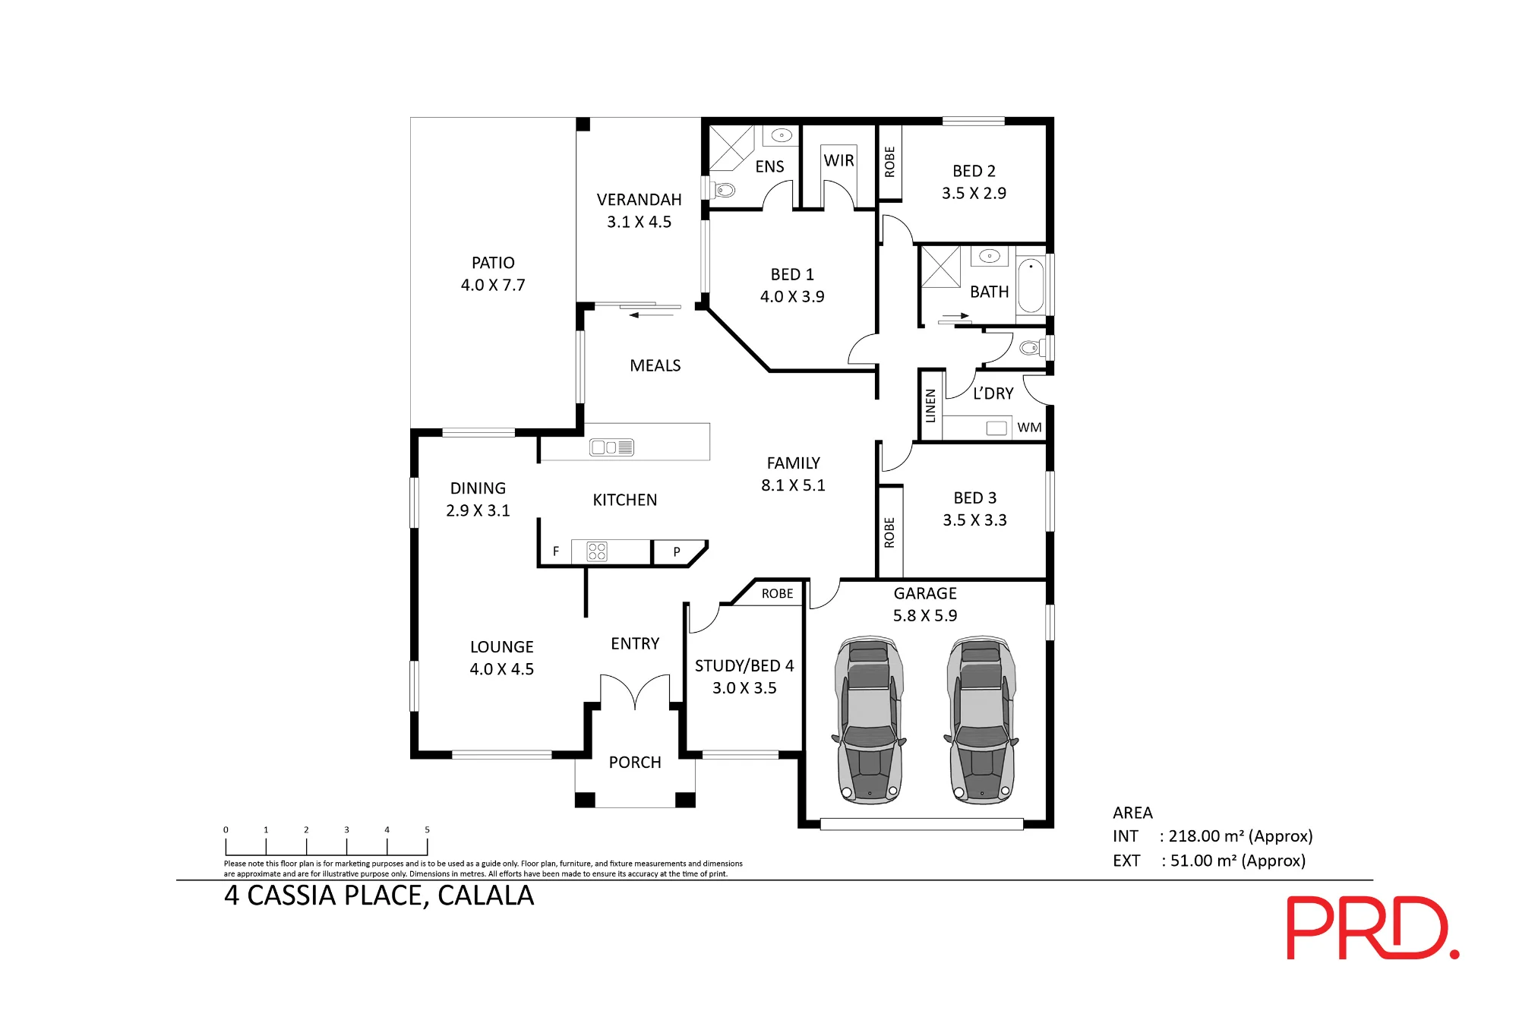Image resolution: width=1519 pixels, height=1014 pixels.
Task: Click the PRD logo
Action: [1372, 927]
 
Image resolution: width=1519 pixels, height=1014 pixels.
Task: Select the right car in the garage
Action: [981, 719]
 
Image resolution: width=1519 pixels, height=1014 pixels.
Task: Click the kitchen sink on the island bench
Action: [611, 447]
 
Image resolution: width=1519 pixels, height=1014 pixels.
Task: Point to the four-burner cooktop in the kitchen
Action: [597, 551]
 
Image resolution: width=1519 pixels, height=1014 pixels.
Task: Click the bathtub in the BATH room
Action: [1031, 285]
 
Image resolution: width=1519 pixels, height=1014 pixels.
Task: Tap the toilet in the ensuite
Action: [725, 189]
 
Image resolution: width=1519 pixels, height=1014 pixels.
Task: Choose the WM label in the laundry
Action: [1029, 428]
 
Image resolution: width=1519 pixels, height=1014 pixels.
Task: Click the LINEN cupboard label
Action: [930, 406]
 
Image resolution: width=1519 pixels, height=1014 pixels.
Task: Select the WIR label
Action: [838, 160]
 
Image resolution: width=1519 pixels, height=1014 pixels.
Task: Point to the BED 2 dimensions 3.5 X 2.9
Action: [974, 193]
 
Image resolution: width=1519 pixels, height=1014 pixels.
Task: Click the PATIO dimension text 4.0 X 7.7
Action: [493, 285]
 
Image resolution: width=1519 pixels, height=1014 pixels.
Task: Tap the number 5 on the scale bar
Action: [427, 829]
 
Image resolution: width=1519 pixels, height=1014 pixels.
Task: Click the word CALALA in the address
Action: [486, 896]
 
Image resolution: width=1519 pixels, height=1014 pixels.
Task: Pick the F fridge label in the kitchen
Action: [556, 551]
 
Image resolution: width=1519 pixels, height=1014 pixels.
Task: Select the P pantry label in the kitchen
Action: [677, 551]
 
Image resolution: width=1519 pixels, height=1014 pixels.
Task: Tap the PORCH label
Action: [635, 762]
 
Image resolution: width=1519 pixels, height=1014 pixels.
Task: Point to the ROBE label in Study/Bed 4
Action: [777, 593]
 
